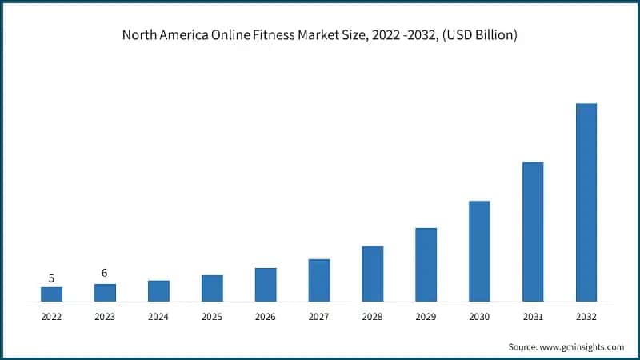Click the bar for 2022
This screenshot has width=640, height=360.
click(x=51, y=294)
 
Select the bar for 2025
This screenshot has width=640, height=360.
click(x=212, y=288)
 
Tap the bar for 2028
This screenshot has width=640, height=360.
click(x=372, y=274)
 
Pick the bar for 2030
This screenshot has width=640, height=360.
click(x=479, y=251)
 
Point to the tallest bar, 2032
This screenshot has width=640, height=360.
click(x=586, y=202)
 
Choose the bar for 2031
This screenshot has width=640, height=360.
click(x=533, y=232)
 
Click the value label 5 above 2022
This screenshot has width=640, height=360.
click(x=51, y=278)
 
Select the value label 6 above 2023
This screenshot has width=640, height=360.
click(x=105, y=274)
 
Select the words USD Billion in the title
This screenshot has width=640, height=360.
click(x=488, y=35)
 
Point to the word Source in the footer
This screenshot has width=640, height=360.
click(x=524, y=346)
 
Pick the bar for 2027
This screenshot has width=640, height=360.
click(x=318, y=280)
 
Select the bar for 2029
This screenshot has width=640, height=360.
click(x=426, y=265)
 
